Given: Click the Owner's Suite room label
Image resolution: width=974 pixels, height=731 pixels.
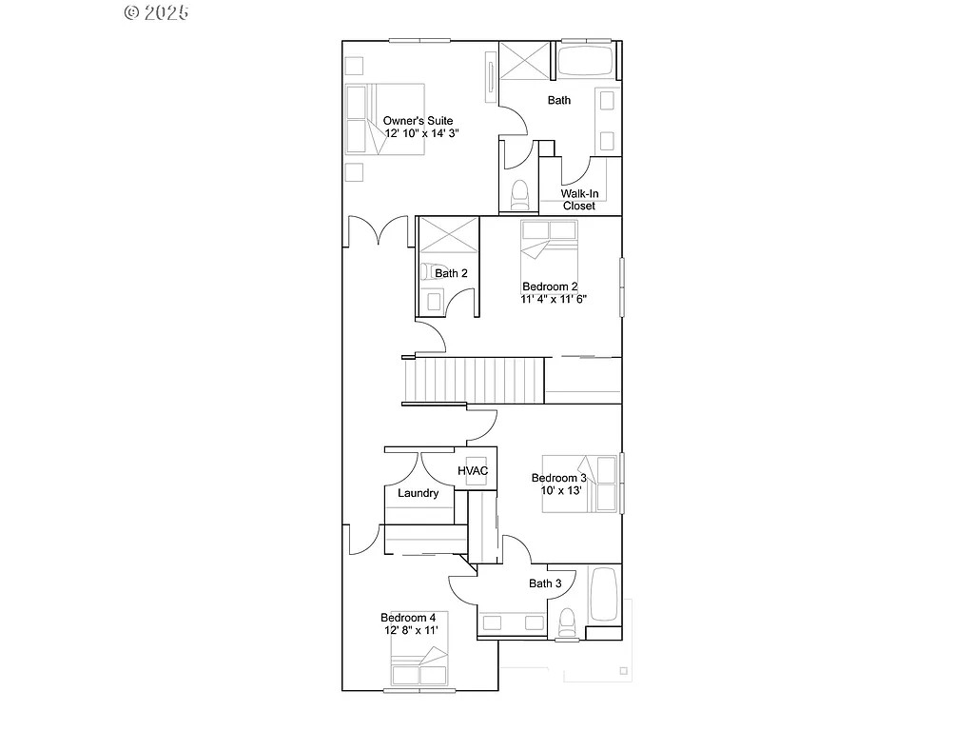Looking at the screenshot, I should click(418, 121).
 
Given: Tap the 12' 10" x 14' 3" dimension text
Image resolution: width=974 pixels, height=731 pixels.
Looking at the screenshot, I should click(420, 134).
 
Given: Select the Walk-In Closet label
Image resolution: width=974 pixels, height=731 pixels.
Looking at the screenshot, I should click(578, 199).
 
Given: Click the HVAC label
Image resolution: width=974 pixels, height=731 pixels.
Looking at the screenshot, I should click(473, 471).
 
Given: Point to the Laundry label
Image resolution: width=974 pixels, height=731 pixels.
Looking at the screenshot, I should click(418, 493).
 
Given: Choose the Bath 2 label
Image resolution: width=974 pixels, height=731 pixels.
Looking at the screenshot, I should click(451, 273).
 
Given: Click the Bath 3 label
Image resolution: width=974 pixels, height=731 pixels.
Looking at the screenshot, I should click(545, 583).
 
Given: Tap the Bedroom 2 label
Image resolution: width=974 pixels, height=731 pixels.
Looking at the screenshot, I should click(550, 286).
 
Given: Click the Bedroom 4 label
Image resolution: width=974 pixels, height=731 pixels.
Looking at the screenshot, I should click(408, 617).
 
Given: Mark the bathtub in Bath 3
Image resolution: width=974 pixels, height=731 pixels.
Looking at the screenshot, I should click(605, 594).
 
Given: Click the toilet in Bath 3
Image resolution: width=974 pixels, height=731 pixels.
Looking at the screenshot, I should click(568, 621).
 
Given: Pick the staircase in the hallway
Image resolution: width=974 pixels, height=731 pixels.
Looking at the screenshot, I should click(474, 380).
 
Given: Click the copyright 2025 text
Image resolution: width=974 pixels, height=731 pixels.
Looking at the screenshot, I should click(156, 12).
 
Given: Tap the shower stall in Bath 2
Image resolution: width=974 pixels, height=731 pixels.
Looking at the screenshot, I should click(448, 238).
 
